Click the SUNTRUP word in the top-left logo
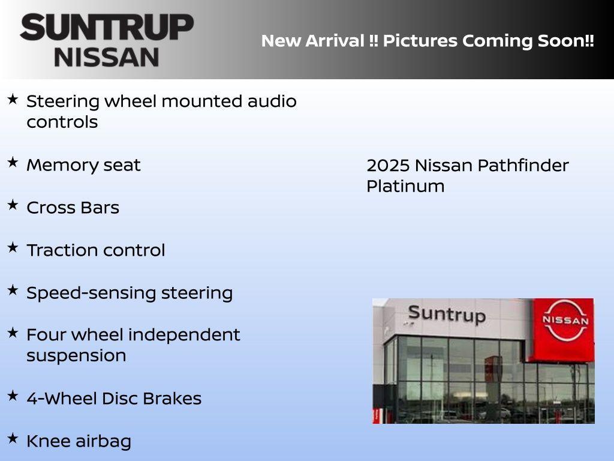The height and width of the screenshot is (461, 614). tap(107, 28)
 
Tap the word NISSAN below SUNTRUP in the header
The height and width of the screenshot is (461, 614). tap(107, 57)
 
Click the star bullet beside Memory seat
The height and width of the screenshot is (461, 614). tap(13, 162)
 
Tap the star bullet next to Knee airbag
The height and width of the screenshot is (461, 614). tap(13, 438)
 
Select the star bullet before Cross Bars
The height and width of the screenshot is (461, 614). tap(13, 205)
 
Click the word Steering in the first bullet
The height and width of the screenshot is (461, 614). tap(63, 101)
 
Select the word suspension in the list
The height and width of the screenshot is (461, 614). tap(76, 355)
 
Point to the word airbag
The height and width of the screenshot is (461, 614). tap(103, 442)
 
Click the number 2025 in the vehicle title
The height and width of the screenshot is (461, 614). tap(387, 166)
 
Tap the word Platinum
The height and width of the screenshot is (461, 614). tap(405, 187)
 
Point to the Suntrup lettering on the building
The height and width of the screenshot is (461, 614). tap(446, 314)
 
